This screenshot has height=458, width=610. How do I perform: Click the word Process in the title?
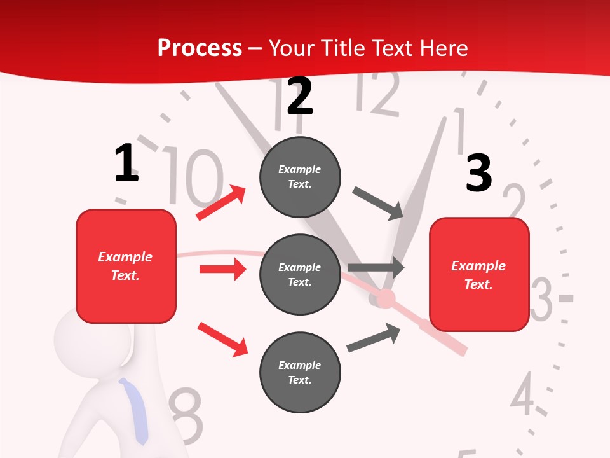tap(200, 48)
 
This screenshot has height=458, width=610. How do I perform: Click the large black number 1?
tap(126, 163)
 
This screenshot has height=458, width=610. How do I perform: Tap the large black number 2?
tap(300, 96)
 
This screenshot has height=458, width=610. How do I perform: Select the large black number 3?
tap(478, 173)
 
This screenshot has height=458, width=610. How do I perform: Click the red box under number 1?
tap(126, 266)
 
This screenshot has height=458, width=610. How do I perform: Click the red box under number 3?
tap(479, 275)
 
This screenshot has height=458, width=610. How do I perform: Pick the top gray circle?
tap(300, 177)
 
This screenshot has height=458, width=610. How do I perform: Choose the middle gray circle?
tap(300, 275)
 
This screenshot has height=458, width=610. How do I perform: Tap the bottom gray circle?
tap(300, 372)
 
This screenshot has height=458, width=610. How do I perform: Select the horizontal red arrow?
tap(222, 269)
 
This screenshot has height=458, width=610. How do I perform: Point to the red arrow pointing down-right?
tap(222, 339)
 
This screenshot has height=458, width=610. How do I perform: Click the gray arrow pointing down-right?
tap(379, 204)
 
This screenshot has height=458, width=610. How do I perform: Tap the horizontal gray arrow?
tap(376, 268)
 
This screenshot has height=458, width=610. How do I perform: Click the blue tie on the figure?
tap(136, 410)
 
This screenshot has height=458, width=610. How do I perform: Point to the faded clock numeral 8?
tap(185, 417)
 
